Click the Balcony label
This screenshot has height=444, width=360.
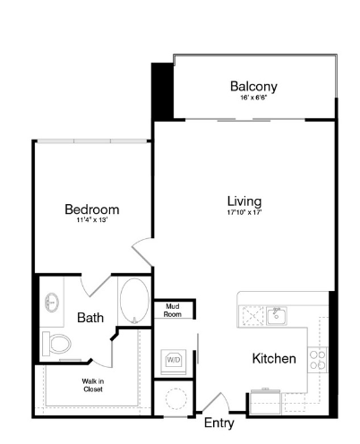[x=253, y=87]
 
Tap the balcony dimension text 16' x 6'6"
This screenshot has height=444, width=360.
[x=253, y=98]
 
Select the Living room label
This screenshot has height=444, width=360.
[x=244, y=201]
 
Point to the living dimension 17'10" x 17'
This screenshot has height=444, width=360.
[x=244, y=212]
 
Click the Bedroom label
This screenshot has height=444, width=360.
[x=92, y=209]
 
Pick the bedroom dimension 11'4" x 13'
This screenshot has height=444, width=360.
[x=92, y=220]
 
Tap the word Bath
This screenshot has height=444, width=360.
[x=90, y=318]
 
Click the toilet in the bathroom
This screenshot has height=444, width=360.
[x=56, y=344]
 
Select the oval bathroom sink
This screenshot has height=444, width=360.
[x=52, y=303]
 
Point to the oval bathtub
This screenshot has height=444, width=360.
[x=134, y=301]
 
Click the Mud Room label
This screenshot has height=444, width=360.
[x=173, y=311]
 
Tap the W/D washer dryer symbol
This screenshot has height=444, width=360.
[x=174, y=360]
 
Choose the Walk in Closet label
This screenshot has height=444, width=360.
[x=93, y=385]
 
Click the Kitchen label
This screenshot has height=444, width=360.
[x=274, y=358]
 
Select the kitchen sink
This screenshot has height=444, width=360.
[x=277, y=315]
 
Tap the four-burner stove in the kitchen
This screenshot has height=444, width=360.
[x=317, y=360]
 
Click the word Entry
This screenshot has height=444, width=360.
[x=219, y=423]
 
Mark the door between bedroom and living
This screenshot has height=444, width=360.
[x=143, y=252]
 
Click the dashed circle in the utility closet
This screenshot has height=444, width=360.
[x=176, y=399]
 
